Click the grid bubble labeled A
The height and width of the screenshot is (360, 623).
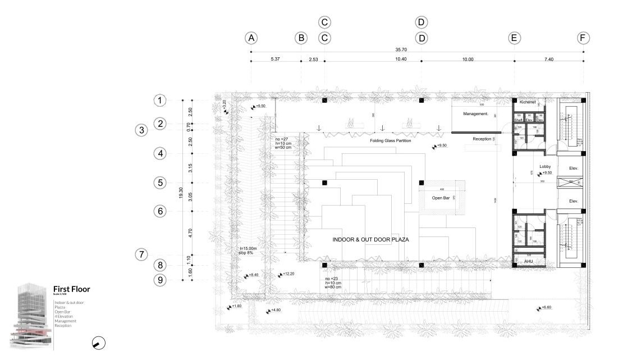tap(251, 38)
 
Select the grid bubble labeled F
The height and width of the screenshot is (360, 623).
tap(584, 38)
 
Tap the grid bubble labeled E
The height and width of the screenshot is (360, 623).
tap(514, 38)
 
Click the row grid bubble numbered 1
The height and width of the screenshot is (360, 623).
tap(161, 101)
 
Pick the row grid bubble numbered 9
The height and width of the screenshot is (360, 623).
tap(161, 280)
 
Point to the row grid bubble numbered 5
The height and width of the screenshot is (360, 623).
tap(161, 183)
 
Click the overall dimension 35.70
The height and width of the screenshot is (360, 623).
tap(416, 50)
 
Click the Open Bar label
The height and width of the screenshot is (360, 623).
tap(441, 198)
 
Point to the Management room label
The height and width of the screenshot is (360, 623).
tap(475, 114)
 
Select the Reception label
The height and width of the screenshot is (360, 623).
tap(482, 138)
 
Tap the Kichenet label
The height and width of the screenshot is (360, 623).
tap(528, 102)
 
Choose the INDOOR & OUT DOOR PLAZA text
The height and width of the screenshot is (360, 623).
tap(370, 240)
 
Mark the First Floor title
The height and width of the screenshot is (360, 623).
tap(71, 289)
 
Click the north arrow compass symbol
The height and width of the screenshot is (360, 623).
tap(99, 343)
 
